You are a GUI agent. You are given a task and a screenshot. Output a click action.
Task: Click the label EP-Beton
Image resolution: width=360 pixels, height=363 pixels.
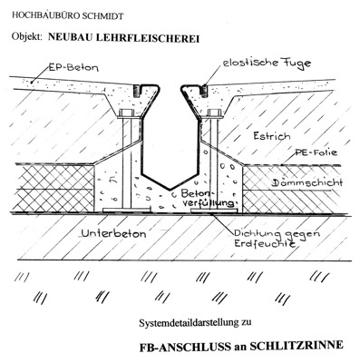pos(74,67)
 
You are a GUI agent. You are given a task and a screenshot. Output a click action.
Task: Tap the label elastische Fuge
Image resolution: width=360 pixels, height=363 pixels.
pos(267,64)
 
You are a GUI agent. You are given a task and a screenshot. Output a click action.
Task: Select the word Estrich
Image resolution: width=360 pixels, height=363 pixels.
pos(272,136)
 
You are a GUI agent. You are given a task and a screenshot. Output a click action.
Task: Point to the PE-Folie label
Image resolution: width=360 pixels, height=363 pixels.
pos(316,152)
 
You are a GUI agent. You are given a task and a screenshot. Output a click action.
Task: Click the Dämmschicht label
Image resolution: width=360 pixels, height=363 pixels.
pos(307,182)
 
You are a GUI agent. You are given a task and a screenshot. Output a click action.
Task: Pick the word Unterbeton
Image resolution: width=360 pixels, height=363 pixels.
pos(114,233)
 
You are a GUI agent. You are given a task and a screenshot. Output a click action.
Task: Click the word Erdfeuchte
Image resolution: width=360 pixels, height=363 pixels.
pos(265,244)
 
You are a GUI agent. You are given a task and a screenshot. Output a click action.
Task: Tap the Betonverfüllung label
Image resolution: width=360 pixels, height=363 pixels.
pos(209,198)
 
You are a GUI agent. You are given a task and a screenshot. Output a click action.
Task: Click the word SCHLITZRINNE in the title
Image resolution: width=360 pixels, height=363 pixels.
pos(297,346)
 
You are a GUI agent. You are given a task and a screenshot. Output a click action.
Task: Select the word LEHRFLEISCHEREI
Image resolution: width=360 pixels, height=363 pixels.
pos(147,38)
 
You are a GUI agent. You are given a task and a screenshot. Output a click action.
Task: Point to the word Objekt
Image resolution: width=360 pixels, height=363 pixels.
pos(26,36)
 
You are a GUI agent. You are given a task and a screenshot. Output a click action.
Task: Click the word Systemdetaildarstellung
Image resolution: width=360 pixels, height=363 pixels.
pos(188,323)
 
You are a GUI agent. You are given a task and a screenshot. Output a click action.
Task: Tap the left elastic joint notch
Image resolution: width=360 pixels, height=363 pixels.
pos(138,91)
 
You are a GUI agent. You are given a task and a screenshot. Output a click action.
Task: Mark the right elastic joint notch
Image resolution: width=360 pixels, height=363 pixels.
pos(204,91)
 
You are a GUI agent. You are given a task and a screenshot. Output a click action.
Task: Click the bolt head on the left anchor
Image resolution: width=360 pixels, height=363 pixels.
pos(127,113)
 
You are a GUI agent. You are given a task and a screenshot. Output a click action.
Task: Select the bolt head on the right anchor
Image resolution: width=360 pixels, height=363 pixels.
pos(214,113)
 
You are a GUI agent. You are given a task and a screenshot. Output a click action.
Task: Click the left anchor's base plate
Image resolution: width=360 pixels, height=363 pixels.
pos(126,210)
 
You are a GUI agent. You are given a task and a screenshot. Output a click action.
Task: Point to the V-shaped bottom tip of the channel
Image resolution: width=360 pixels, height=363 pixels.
pos(170,190)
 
